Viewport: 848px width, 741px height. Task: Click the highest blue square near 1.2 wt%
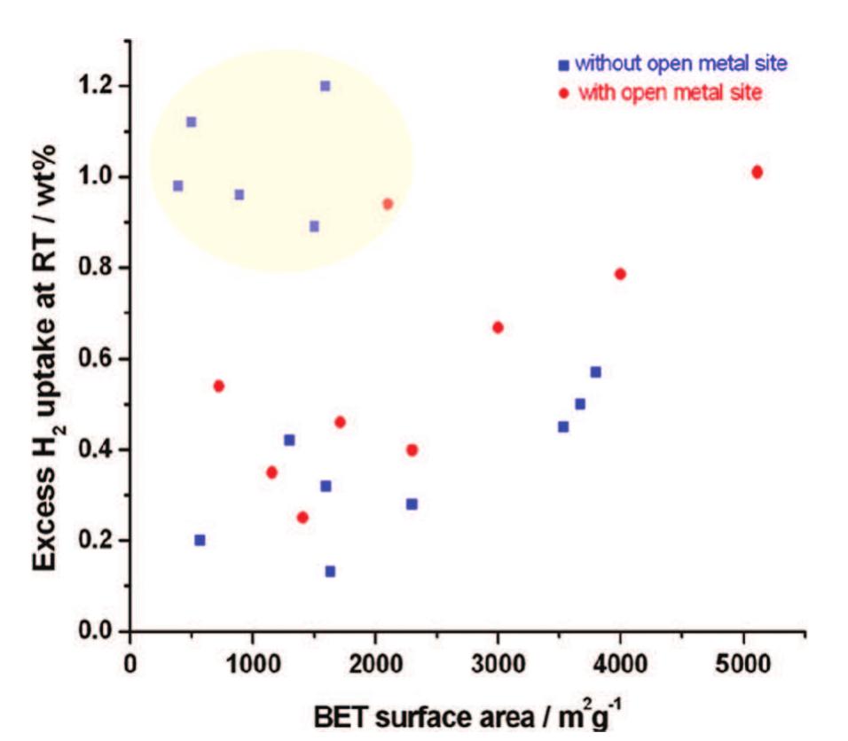[326, 86]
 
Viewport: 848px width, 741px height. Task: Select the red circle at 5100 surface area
[757, 172]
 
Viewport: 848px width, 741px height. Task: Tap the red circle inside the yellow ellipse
[388, 204]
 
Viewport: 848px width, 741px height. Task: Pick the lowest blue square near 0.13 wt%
[330, 572]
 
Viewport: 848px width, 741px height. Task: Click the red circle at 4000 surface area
[620, 274]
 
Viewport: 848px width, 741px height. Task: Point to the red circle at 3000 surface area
[498, 327]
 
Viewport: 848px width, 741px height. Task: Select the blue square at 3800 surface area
[596, 372]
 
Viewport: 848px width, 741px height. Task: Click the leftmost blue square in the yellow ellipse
[177, 186]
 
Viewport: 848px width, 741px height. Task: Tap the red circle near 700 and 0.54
[219, 386]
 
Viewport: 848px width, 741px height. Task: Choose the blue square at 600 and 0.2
[200, 540]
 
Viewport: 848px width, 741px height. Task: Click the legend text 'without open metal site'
[680, 64]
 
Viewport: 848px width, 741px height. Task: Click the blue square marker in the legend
[562, 65]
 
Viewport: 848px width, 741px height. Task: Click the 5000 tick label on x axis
[743, 664]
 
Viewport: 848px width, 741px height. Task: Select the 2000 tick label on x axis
[375, 664]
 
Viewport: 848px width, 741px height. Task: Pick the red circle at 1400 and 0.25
[302, 518]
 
